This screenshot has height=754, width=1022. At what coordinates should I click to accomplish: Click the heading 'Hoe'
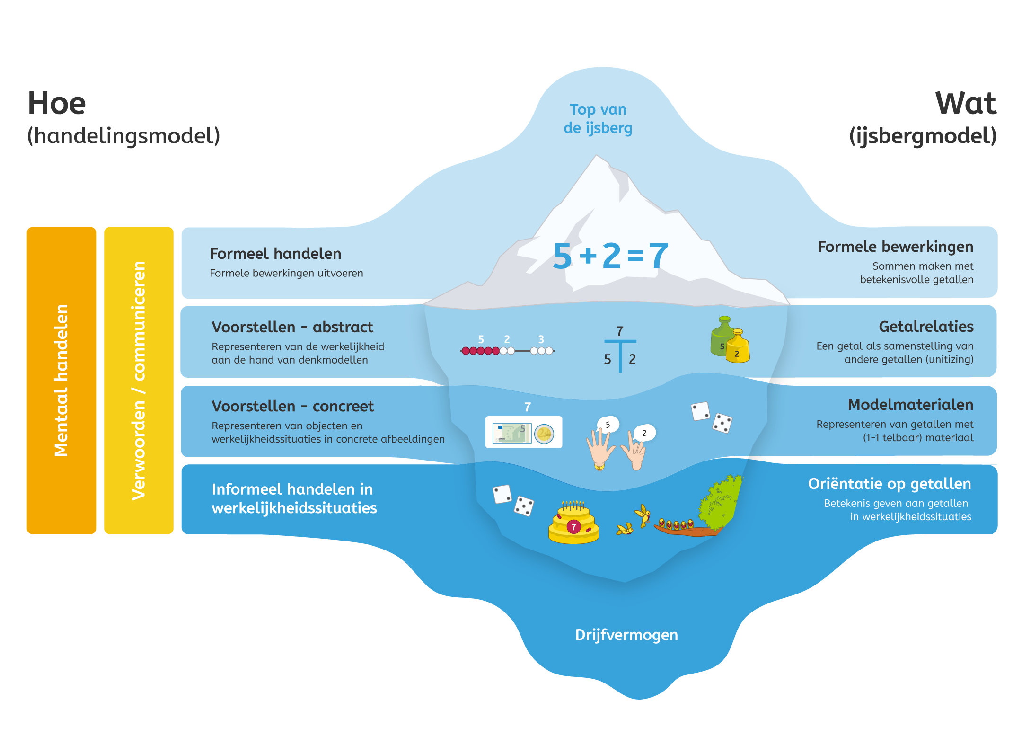[57, 104]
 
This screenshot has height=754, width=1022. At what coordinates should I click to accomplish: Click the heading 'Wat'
[966, 104]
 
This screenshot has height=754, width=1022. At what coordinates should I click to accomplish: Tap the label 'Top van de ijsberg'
[598, 119]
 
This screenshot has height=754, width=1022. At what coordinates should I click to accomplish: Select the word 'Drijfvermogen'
[626, 635]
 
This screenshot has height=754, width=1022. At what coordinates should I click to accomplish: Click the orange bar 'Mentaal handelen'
[62, 380]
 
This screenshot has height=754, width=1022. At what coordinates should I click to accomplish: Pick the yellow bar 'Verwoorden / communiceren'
[139, 380]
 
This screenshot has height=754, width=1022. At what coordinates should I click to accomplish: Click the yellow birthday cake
[573, 523]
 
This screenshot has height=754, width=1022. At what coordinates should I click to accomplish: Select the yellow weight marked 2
[738, 348]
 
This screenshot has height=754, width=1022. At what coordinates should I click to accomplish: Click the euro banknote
[511, 433]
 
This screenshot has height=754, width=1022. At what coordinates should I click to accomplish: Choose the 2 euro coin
[544, 433]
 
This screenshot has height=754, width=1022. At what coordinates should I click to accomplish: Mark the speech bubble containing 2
[644, 433]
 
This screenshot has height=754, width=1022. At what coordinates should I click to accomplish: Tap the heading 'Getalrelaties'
[925, 327]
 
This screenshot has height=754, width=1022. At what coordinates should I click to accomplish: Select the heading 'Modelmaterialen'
[910, 405]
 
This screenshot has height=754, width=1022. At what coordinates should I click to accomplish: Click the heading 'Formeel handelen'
[275, 254]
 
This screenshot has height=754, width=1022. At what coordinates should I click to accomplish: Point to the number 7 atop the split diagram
[620, 331]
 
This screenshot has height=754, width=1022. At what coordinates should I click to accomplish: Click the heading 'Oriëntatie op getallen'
[889, 484]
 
